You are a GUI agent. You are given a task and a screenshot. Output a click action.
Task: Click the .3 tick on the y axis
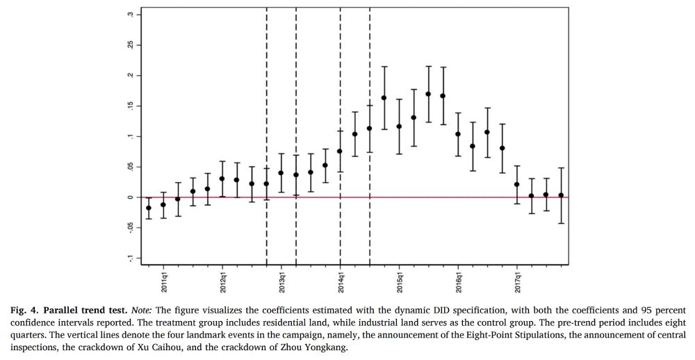pyautogui.click(x=129, y=15)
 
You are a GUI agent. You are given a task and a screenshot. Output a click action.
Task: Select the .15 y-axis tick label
pyautogui.click(x=129, y=106)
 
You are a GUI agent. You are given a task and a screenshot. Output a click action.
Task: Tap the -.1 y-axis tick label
pyautogui.click(x=129, y=257)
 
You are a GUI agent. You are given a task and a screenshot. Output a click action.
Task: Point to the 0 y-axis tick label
pyautogui.click(x=129, y=197)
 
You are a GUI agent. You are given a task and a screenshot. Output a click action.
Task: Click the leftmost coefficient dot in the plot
pyautogui.click(x=149, y=208)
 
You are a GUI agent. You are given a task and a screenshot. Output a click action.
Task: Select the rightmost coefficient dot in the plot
pyautogui.click(x=561, y=195)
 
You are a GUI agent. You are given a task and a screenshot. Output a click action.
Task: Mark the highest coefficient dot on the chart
pyautogui.click(x=428, y=94)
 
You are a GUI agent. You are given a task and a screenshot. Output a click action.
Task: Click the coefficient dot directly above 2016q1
pyautogui.click(x=458, y=134)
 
